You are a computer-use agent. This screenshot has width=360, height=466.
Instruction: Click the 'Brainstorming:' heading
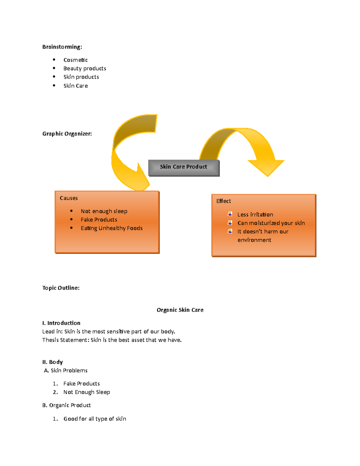tap(62, 47)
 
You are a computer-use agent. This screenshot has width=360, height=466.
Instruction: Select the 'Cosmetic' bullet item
tap(76, 60)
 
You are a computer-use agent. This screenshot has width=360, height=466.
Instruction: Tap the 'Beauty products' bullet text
tap(85, 68)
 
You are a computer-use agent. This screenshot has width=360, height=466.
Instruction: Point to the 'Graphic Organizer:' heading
tap(67, 134)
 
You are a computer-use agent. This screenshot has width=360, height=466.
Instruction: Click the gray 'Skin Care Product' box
tap(184, 167)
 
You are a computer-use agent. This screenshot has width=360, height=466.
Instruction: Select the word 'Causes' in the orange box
tap(69, 198)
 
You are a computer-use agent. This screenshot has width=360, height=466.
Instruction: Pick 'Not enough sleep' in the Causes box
tap(104, 211)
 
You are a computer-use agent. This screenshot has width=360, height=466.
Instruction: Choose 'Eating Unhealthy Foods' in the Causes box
tap(112, 228)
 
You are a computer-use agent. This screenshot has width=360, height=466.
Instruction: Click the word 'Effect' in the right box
tap(223, 201)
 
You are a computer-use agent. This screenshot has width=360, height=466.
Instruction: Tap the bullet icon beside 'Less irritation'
tap(230, 214)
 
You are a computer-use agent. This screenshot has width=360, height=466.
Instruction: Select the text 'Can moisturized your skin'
tap(271, 223)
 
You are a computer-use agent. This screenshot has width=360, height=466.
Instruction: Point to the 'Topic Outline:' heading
tap(61, 288)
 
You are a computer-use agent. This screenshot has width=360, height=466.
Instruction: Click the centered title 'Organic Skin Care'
tap(180, 310)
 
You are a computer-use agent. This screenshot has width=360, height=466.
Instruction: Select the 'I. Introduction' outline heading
tap(61, 323)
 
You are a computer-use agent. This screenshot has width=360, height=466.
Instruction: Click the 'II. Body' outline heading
tap(52, 362)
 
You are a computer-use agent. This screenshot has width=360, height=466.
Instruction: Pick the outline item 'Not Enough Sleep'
tap(87, 392)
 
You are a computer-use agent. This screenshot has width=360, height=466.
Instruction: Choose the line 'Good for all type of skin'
tap(95, 419)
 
